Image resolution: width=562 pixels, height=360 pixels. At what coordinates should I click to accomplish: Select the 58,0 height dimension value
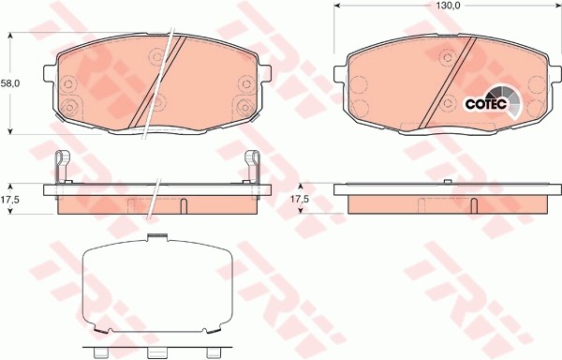click(9, 83)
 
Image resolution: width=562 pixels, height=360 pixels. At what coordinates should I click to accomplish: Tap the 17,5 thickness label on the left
click(9, 200)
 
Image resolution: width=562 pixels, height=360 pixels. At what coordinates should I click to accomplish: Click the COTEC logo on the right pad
click(486, 103)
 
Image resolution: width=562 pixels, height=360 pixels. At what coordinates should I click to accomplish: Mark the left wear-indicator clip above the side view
click(61, 167)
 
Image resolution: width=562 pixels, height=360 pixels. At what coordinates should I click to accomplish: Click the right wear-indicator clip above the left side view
click(253, 167)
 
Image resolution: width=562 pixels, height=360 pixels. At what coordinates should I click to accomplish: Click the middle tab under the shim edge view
click(156, 353)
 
